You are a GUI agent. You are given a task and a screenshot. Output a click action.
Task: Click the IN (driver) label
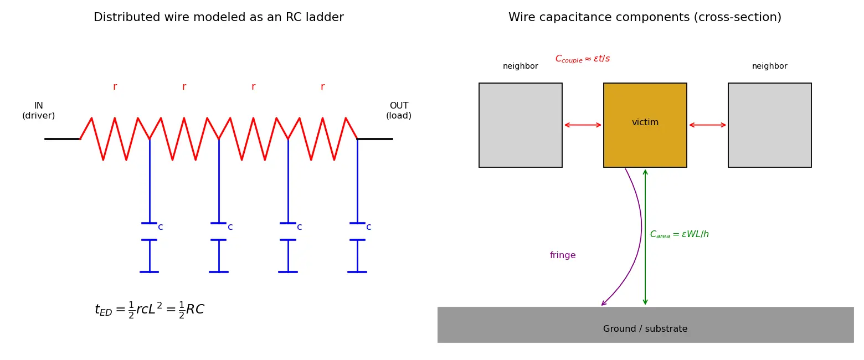tap(39, 110)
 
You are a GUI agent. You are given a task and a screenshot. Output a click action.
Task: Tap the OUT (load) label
tap(399, 110)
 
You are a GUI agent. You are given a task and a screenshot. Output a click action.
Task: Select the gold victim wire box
tap(645, 125)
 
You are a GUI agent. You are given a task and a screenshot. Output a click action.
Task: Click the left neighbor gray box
tap(520, 125)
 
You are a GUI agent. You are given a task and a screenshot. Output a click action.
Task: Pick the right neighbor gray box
tap(769, 125)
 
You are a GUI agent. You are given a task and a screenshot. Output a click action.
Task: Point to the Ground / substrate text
tap(645, 329)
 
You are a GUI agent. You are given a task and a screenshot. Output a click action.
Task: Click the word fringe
tap(563, 255)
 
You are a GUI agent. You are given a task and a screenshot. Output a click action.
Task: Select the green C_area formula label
tap(679, 234)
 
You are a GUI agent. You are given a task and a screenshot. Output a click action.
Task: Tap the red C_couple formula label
tap(583, 59)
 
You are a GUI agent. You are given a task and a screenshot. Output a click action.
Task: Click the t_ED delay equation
tap(150, 310)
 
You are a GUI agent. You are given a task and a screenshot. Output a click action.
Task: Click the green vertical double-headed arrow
tap(645, 237)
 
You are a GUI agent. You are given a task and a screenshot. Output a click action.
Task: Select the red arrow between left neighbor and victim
tap(583, 125)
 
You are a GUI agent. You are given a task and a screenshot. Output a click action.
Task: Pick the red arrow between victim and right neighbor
tap(707, 125)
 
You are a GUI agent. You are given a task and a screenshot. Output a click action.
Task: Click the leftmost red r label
tap(115, 87)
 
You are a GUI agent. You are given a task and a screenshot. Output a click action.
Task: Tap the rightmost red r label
tap(322, 87)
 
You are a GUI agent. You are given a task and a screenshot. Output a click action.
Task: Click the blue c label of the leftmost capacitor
tap(161, 227)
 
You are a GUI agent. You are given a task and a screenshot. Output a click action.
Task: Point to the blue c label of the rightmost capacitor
tap(369, 227)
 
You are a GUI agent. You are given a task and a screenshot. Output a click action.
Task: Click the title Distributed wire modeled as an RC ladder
tap(219, 17)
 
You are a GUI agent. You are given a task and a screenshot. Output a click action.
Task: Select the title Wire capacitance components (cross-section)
tap(645, 17)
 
